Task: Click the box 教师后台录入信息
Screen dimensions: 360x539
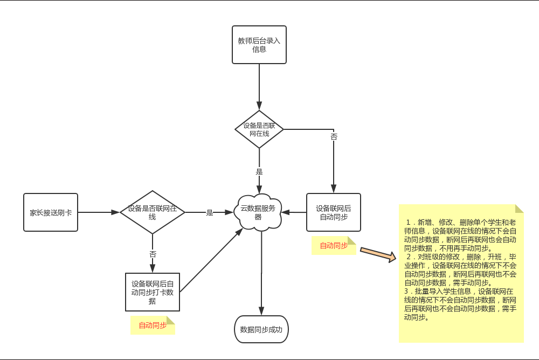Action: tap(259, 44)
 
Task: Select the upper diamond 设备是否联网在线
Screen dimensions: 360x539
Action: tap(259, 129)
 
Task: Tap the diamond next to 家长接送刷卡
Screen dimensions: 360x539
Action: tap(152, 212)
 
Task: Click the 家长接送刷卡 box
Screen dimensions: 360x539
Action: tap(51, 212)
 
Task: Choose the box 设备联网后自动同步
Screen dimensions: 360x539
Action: tap(333, 212)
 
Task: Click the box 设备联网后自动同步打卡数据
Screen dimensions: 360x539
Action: tap(152, 292)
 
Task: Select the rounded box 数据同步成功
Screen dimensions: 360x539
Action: tap(261, 329)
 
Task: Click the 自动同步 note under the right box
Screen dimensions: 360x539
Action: tap(334, 246)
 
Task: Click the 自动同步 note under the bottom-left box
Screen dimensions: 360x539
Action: tap(153, 325)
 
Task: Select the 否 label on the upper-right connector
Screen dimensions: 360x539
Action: tap(334, 137)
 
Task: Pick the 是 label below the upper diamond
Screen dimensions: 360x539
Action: tap(259, 172)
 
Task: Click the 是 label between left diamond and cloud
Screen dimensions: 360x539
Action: tap(210, 212)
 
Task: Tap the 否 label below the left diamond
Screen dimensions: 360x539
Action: tap(153, 253)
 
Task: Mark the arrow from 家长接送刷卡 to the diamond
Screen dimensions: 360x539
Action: tap(98, 212)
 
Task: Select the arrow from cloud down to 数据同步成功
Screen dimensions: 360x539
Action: tap(261, 275)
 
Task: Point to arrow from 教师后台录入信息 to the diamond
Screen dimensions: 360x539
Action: tap(259, 86)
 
